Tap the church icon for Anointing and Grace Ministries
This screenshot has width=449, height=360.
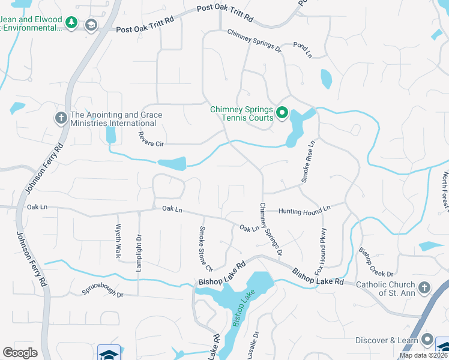tap(61, 118)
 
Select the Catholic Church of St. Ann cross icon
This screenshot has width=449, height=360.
tap(424, 287)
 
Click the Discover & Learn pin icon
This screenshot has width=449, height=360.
tap(427, 340)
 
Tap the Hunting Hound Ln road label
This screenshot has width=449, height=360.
tap(304, 209)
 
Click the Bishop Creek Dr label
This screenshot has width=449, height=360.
tap(376, 262)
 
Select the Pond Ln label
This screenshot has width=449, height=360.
tap(303, 50)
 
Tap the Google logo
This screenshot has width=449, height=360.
tap(20, 353)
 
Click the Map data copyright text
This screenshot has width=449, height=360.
tap(423, 355)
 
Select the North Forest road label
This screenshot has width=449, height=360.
tap(445, 191)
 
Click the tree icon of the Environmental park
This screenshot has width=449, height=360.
tap(71, 23)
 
